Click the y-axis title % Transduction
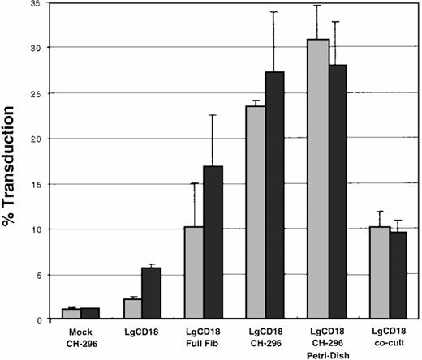click(x=14, y=162)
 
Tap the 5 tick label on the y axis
click(x=37, y=274)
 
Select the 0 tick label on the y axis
click(x=37, y=319)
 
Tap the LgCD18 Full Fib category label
click(x=203, y=336)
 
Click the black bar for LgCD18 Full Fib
click(x=213, y=242)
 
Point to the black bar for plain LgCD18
click(x=152, y=293)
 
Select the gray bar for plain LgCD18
click(x=132, y=309)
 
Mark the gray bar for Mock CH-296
click(x=71, y=314)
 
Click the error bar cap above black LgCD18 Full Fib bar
click(x=213, y=115)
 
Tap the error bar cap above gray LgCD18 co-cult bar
click(x=379, y=212)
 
